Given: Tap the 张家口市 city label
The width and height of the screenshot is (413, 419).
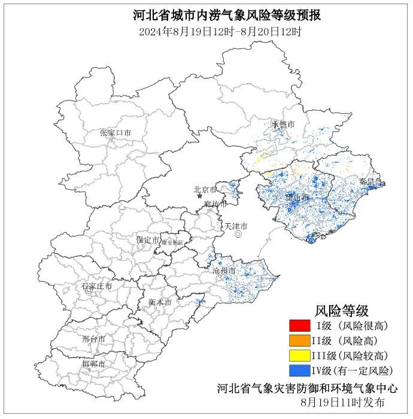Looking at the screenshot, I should pyautogui.click(x=115, y=132).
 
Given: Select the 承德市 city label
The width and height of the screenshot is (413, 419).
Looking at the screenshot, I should pyautogui.click(x=283, y=124).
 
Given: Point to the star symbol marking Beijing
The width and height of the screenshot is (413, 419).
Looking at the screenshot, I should pyautogui.click(x=199, y=196).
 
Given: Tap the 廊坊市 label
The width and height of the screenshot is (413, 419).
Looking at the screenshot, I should pyautogui.click(x=215, y=204).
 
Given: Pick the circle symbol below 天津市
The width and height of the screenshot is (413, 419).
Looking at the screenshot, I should pyautogui.click(x=238, y=235).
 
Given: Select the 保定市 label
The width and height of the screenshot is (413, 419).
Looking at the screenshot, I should pyautogui.click(x=148, y=239).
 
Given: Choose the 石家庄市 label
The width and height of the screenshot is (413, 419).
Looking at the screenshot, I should pyautogui.click(x=96, y=286).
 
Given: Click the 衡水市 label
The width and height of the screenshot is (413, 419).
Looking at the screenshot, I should pyautogui.click(x=160, y=302).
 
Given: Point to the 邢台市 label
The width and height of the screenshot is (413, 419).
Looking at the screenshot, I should pyautogui.click(x=93, y=339).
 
